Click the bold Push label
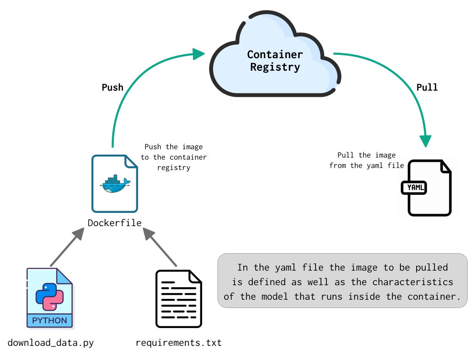(x=113, y=87)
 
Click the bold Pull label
(x=427, y=87)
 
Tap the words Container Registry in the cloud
(x=275, y=61)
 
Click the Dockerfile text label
(x=114, y=223)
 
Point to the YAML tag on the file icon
(x=415, y=187)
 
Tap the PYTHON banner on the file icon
(x=49, y=321)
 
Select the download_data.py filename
(x=51, y=343)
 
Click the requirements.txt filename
(x=178, y=343)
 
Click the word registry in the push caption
(x=173, y=168)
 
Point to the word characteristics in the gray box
(x=412, y=282)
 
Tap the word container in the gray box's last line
(x=433, y=296)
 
